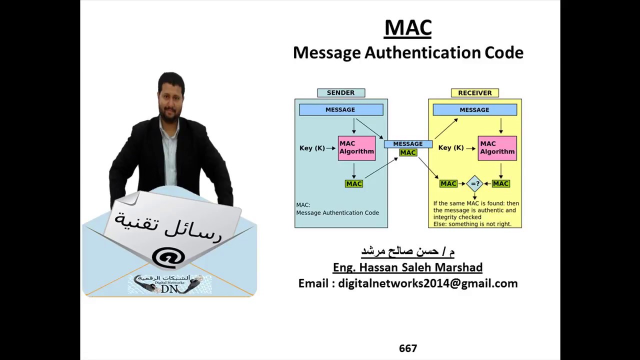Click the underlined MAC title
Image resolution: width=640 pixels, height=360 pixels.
(x=407, y=28)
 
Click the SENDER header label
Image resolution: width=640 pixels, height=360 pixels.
(x=340, y=93)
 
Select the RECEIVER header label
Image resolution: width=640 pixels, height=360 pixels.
(x=474, y=93)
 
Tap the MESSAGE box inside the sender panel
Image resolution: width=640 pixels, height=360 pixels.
(x=340, y=110)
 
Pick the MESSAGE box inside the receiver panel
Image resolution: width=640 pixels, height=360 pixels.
(x=474, y=110)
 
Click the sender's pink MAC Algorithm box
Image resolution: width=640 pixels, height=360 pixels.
(x=356, y=148)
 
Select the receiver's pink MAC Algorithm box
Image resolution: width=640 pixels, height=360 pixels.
(x=497, y=148)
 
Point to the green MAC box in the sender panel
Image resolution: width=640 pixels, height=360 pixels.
(x=353, y=184)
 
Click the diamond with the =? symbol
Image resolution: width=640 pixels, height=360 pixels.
(x=474, y=184)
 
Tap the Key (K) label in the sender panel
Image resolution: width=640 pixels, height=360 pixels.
(x=312, y=148)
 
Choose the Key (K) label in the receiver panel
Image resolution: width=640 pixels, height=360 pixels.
(x=451, y=148)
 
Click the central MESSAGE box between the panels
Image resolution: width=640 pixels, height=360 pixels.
(x=408, y=144)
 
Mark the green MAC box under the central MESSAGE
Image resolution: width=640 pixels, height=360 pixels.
(x=408, y=152)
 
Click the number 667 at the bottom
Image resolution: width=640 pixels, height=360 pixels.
(x=408, y=348)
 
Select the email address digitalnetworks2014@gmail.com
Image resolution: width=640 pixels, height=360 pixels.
(x=427, y=283)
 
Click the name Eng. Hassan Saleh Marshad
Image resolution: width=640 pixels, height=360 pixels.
(x=407, y=267)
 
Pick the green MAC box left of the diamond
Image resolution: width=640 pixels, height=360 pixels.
(x=448, y=184)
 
